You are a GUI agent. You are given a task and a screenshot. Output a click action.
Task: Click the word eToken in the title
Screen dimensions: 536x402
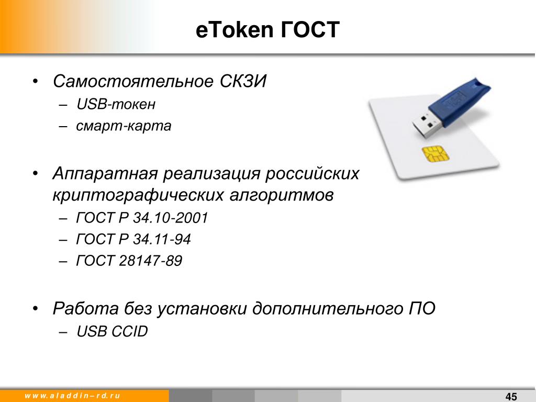234,29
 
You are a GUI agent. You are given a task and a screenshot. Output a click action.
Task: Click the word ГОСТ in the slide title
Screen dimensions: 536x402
310,29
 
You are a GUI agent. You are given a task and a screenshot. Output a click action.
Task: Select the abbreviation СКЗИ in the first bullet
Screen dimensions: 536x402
243,81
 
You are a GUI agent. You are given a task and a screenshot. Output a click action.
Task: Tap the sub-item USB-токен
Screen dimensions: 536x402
116,104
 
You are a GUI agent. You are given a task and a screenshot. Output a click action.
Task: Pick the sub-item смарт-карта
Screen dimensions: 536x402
124,126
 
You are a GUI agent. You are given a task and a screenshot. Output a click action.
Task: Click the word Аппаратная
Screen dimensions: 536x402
105,174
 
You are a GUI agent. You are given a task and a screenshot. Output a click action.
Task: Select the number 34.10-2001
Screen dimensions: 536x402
170,218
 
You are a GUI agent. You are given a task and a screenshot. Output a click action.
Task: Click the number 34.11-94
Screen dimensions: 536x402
162,239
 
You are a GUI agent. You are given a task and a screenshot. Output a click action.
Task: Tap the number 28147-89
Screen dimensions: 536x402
150,261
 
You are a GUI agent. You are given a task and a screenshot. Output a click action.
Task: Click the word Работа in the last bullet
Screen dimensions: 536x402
85,308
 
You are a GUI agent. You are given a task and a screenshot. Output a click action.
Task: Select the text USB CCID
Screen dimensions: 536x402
112,331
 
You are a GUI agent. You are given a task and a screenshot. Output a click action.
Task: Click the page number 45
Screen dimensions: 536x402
511,397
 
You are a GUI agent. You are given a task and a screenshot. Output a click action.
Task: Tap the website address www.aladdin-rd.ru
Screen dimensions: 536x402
72,396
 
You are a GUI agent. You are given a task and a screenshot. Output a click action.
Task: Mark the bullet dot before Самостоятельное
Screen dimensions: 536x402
35,82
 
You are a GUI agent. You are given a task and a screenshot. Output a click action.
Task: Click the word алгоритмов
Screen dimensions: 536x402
281,196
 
